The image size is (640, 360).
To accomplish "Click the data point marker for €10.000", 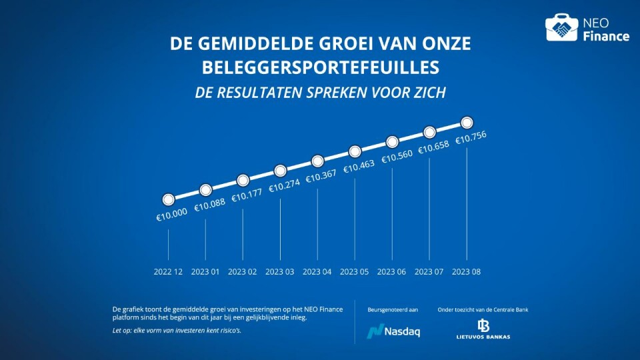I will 169,199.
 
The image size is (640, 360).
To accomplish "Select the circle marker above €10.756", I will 467,123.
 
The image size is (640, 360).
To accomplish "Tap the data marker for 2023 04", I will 318,161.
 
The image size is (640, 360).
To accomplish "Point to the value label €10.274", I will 284,188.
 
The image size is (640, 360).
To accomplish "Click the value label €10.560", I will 396,159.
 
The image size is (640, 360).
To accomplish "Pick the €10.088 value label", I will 209,207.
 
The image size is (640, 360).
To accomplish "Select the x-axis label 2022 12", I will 168,272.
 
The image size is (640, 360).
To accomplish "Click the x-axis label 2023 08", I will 467,272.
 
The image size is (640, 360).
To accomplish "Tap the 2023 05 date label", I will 355,272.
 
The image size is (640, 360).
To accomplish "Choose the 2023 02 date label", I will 243,272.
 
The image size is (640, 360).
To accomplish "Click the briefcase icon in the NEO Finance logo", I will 561,28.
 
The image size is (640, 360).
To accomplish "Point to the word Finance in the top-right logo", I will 606,37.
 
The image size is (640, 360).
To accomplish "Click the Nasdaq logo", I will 394,331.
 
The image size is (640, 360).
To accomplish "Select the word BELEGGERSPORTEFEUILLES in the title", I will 320,67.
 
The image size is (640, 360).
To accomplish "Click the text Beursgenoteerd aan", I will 393,309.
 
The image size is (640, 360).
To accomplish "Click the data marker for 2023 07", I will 430,132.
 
